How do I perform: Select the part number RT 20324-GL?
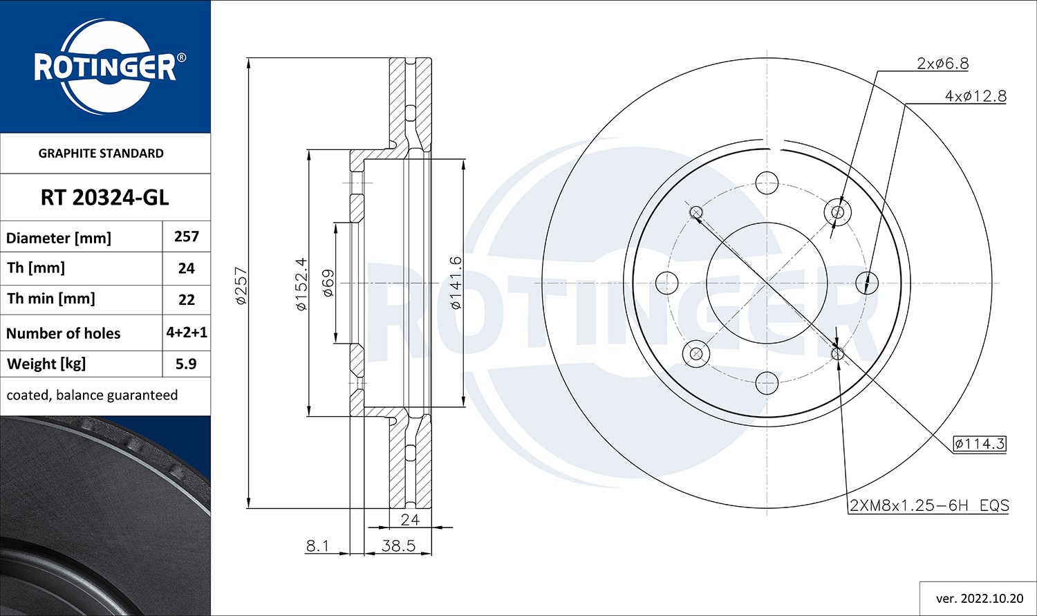104,198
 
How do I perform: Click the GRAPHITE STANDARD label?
101,153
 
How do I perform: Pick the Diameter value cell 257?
186,236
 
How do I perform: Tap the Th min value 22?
186,299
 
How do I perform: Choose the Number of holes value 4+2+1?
186,333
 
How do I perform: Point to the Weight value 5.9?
186,364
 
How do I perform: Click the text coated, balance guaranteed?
92,395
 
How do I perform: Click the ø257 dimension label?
241,286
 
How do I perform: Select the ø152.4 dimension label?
301,284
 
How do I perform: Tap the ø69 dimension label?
328,283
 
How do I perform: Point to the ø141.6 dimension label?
455,283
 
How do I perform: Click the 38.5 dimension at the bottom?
398,545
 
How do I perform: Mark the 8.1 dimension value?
317,545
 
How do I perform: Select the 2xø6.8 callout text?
942,64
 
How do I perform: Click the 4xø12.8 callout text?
975,96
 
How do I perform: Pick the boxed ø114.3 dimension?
979,444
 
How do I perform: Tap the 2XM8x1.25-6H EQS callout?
929,505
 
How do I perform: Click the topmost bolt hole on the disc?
767,183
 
